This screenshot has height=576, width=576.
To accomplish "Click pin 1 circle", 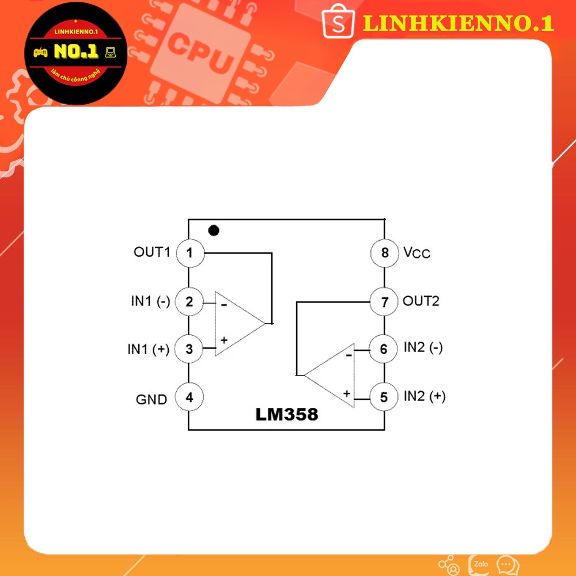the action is [x=190, y=253].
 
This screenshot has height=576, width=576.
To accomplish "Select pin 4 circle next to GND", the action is [x=190, y=397].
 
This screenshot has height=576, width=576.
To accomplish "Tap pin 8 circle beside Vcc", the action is [x=384, y=253].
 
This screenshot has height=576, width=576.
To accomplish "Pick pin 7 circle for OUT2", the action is [x=384, y=301].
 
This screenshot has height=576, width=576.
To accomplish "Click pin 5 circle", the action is [x=384, y=397].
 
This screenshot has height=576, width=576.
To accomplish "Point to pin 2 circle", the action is [x=190, y=301].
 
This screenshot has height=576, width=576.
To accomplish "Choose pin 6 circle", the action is [x=384, y=349].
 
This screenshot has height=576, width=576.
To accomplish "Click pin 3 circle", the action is [x=190, y=349].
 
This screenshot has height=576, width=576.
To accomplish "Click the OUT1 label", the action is [x=152, y=252].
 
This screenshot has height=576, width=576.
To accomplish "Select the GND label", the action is [x=151, y=399].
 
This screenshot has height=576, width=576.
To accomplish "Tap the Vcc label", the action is [x=416, y=253].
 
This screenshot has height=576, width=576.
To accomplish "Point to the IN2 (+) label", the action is [x=425, y=396].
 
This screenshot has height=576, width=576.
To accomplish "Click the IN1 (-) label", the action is [x=150, y=301].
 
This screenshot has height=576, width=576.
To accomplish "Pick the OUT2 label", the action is [x=421, y=301].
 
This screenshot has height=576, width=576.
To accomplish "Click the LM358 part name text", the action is [x=287, y=414].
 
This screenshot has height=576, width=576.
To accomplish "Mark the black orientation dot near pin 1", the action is [x=214, y=231].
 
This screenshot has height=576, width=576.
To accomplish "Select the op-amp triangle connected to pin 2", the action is [x=237, y=323].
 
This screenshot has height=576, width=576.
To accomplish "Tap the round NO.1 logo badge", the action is [x=77, y=53].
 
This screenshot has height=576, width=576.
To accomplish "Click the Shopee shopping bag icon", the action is [x=338, y=24].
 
